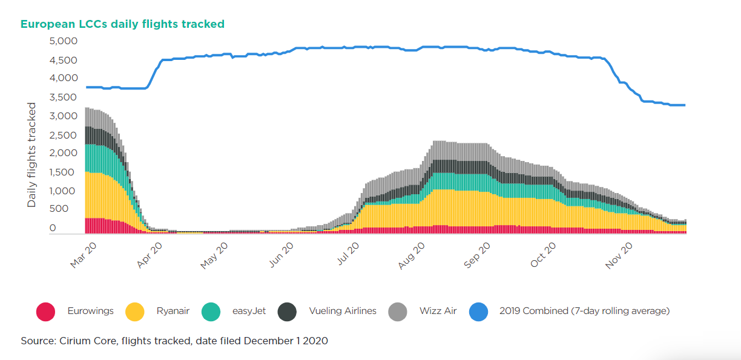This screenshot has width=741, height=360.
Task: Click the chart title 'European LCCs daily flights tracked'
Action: point(122,24)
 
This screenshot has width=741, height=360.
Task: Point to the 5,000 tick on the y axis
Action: point(63,41)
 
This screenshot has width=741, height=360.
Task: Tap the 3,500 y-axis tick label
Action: point(63,97)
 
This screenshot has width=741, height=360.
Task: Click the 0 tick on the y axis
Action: point(53,227)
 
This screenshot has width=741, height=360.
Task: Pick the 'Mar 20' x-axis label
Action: point(83,255)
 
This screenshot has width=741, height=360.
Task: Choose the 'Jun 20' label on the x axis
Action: point(281,255)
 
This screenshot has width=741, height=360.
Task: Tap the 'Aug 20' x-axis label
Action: point(411,255)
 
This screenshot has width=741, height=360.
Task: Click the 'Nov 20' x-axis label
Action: point(619,255)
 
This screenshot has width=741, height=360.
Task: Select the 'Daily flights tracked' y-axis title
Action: point(31,155)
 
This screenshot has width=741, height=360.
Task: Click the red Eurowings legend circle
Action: point(45,312)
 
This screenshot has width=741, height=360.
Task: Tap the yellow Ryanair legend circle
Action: point(135,312)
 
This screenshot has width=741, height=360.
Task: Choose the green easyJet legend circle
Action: point(211,312)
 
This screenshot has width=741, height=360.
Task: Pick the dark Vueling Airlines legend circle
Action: point(287,312)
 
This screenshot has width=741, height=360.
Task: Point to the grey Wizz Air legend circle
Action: point(398,312)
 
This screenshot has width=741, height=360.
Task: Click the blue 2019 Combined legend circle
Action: point(479,312)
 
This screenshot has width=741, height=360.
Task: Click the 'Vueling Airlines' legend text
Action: point(343,311)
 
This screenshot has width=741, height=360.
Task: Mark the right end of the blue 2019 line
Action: point(685,105)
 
